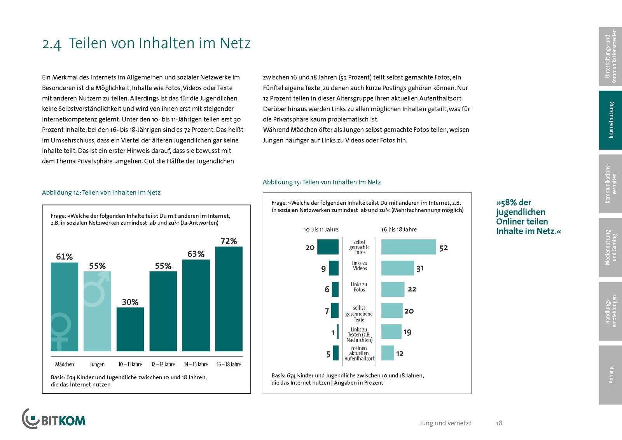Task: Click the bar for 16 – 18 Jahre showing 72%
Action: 229,299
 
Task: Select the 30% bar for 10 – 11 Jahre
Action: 130,329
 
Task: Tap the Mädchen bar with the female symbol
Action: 64,307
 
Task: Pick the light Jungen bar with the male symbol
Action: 97,311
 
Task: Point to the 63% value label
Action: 196,254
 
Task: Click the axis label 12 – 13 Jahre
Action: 163,365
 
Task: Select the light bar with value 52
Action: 409,247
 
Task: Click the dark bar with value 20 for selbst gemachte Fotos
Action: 328,247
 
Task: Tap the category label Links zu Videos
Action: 360,266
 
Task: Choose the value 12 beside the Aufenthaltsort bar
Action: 400,354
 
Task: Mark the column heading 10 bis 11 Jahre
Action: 321,230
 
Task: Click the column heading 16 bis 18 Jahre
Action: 398,230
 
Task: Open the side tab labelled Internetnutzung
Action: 610,120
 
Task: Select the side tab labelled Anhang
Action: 610,375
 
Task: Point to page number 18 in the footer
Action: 499,423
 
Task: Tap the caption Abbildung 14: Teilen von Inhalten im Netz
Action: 101,193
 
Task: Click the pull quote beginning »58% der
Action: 528,217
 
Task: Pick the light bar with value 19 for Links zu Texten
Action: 391,332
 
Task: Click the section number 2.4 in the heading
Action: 52,44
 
